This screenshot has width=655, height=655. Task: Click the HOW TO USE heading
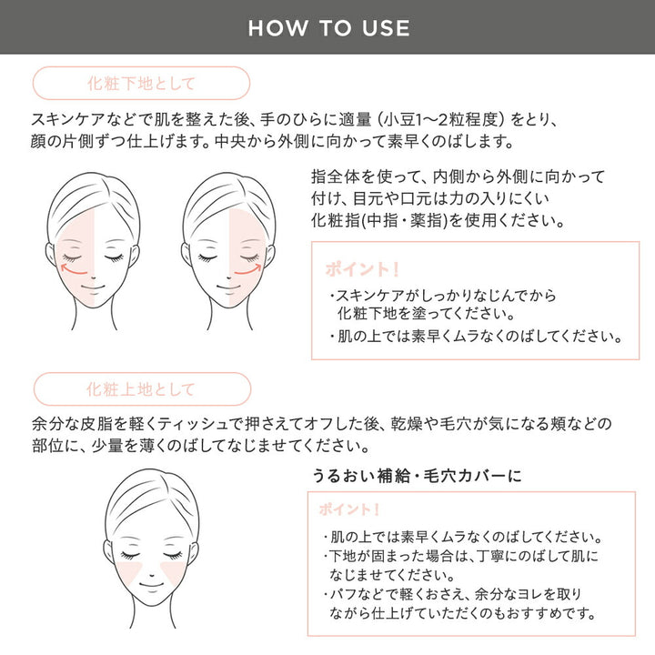point(327,27)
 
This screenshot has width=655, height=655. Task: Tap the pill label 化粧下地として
point(140,84)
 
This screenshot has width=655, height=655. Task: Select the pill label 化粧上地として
point(140,389)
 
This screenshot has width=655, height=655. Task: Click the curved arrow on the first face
point(73,270)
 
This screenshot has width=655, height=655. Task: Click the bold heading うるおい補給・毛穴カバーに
point(416,476)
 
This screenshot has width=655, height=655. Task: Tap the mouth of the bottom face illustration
point(149,595)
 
